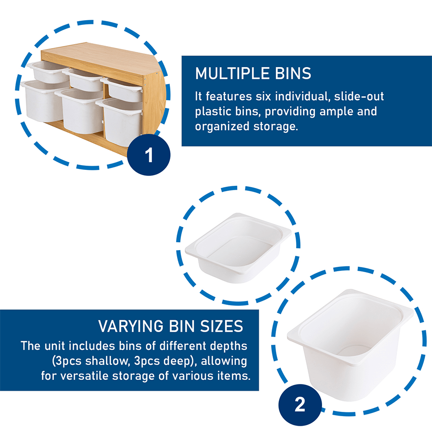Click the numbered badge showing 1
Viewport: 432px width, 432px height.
(149, 155)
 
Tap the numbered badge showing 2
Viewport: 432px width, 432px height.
(300, 405)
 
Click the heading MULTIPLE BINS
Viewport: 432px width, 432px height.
(253, 73)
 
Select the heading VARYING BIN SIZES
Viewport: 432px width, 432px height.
(170, 326)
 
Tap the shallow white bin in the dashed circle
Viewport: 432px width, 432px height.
(238, 248)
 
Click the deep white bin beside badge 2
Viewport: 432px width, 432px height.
(350, 344)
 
